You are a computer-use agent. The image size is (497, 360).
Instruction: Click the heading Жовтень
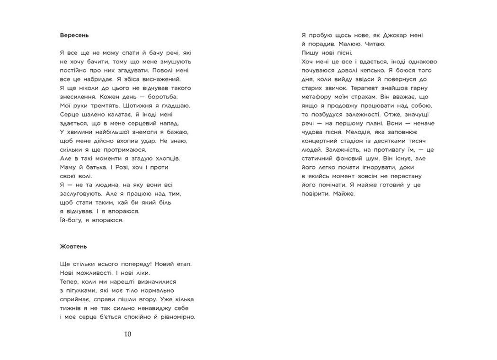coord(74,247)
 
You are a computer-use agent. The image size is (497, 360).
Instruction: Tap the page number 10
coord(127,334)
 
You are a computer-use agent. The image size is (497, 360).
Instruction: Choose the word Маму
coord(69,168)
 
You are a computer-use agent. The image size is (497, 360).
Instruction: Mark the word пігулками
coord(84,290)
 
